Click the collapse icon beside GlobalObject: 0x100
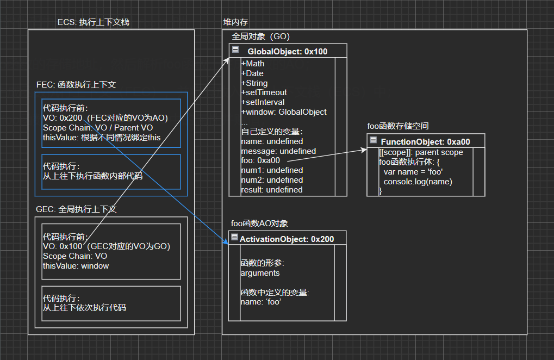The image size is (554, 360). (x=235, y=50)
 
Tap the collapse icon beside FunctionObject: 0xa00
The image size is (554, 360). (x=374, y=141)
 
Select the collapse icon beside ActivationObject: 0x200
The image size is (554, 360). (x=234, y=238)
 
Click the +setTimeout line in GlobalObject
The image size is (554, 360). (x=264, y=92)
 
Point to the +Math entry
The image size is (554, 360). (x=253, y=64)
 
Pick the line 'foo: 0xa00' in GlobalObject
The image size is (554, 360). (x=260, y=160)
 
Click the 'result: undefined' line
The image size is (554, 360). (x=272, y=190)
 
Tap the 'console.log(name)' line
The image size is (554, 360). (x=418, y=182)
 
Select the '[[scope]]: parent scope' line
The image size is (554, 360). (x=421, y=152)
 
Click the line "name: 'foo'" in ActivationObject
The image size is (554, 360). (x=261, y=302)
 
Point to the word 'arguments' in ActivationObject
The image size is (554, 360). (x=260, y=273)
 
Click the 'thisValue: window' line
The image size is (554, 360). (x=76, y=266)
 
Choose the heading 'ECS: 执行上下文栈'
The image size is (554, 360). (x=94, y=22)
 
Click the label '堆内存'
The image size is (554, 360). (x=235, y=22)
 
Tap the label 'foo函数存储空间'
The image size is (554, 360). (x=398, y=126)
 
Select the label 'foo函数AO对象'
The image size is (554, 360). (x=259, y=224)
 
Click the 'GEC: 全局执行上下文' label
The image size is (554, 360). (x=76, y=209)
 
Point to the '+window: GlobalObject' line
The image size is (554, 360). (x=284, y=112)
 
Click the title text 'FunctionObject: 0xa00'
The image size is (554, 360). (x=425, y=141)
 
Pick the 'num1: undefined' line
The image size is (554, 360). (x=272, y=170)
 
